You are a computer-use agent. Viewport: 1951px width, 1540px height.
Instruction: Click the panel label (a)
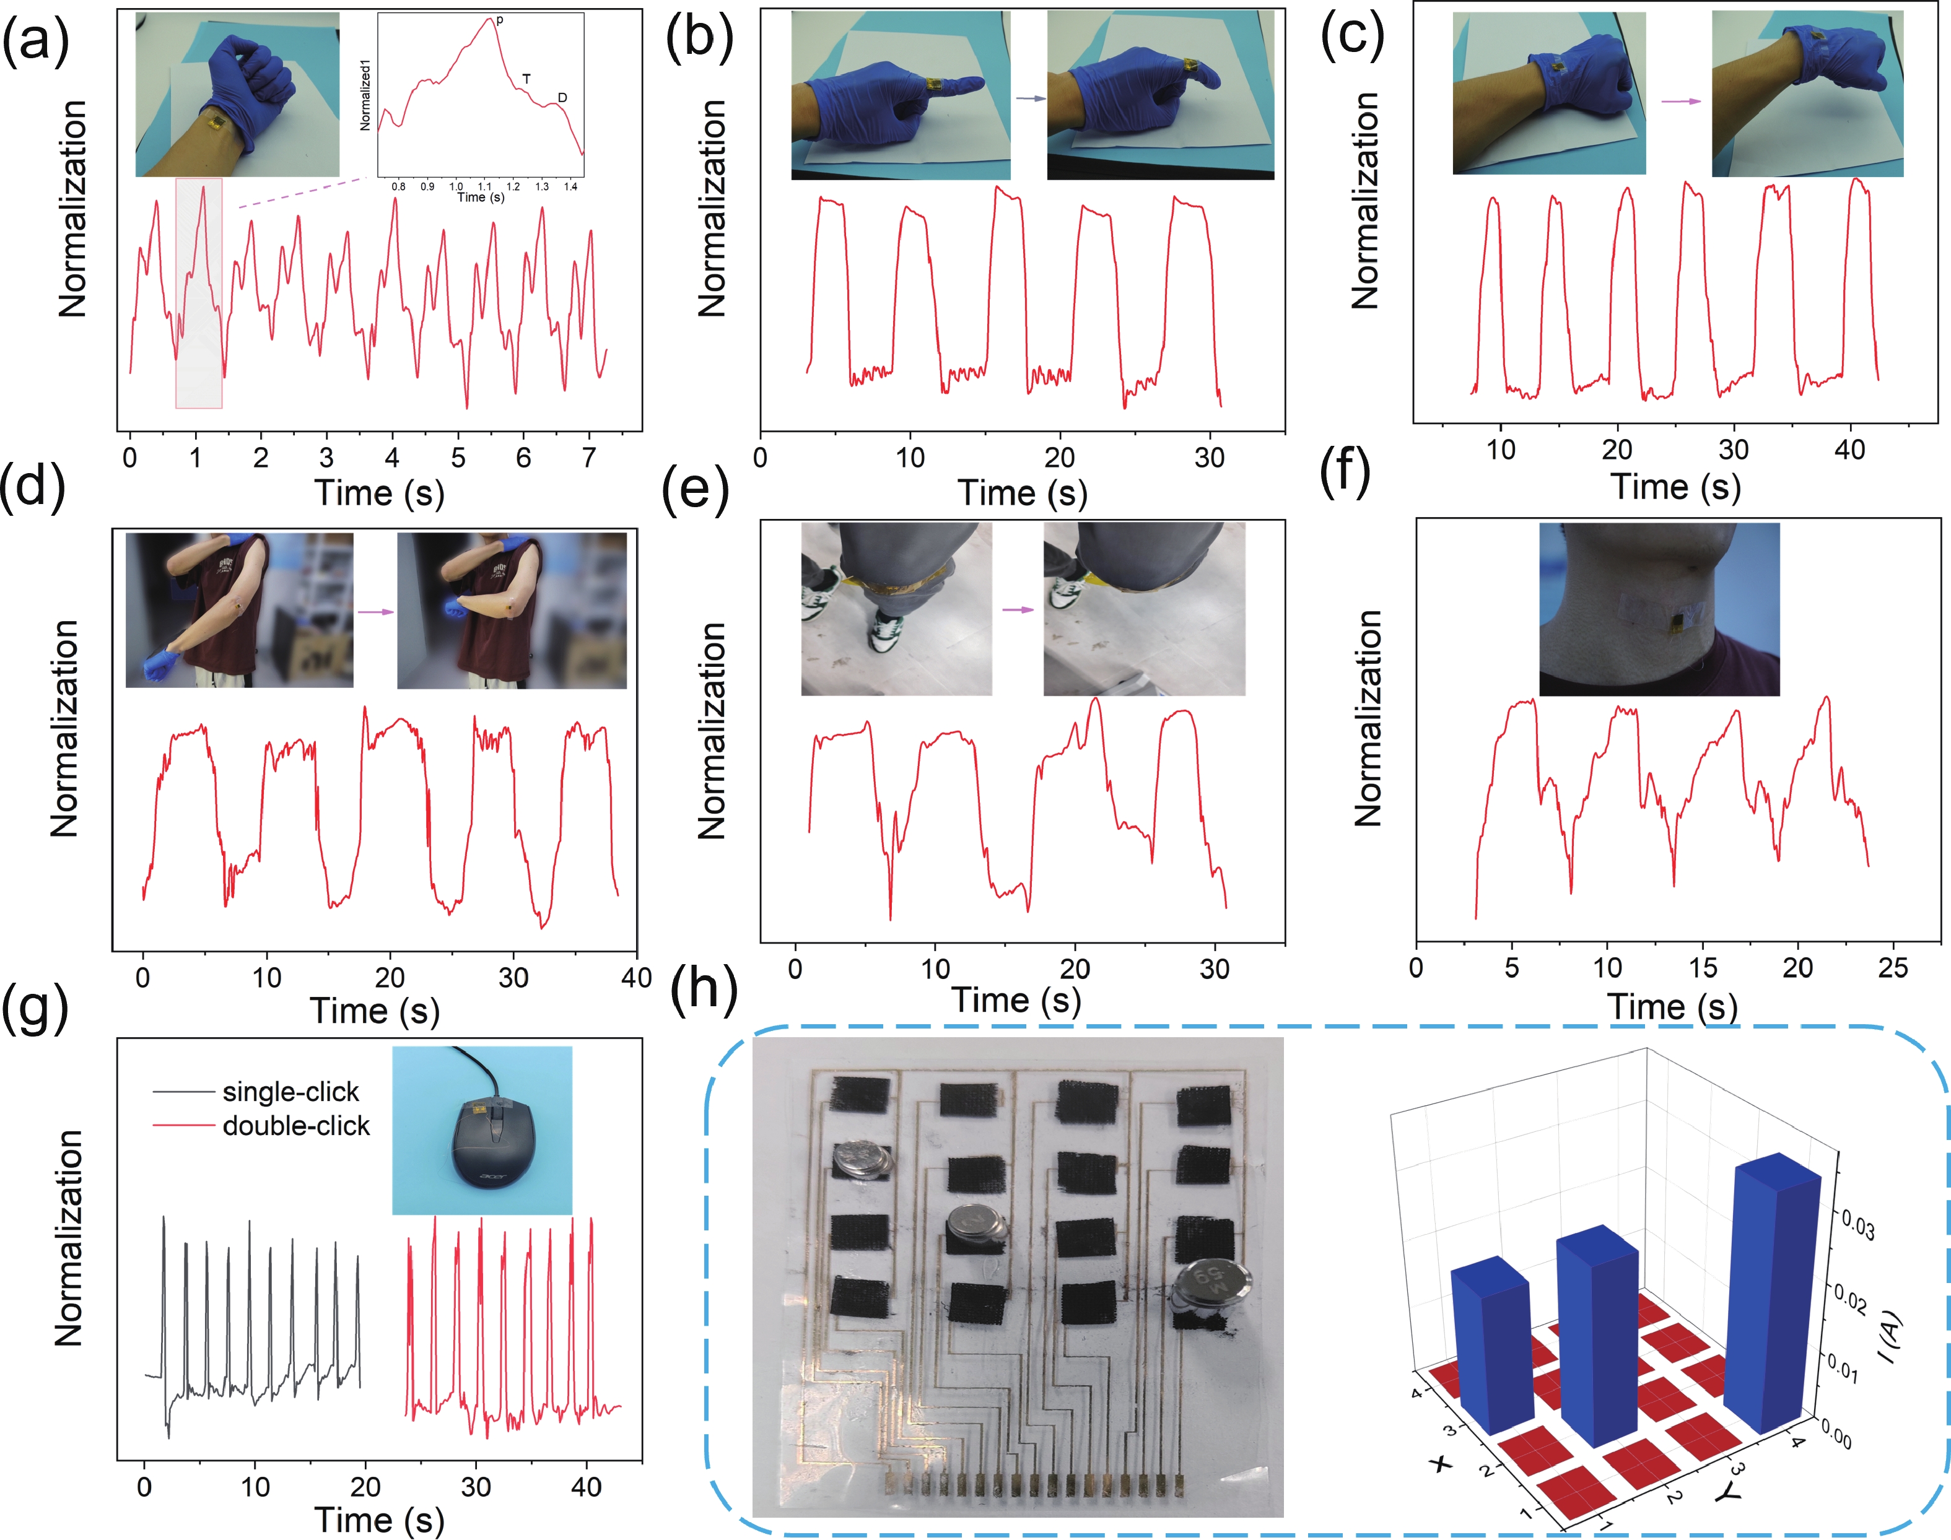[x=36, y=41]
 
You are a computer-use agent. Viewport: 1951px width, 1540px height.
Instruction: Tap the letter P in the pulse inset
[x=500, y=20]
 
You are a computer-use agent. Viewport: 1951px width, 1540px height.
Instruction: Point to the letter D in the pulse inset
[x=562, y=97]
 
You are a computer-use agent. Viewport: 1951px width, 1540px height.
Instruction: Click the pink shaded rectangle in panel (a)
[x=198, y=293]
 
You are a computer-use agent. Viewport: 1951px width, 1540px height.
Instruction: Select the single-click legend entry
[x=290, y=1092]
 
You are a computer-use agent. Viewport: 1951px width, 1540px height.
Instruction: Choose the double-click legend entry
[x=296, y=1125]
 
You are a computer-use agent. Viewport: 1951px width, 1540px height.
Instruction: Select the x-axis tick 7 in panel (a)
[x=589, y=458]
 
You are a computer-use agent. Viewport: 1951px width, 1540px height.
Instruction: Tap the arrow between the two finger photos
[x=1029, y=99]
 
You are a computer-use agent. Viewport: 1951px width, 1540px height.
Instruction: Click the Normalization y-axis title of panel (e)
[x=712, y=730]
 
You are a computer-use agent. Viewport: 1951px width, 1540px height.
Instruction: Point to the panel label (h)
[x=704, y=989]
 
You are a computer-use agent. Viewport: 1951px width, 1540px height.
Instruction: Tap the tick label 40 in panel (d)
[x=636, y=977]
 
